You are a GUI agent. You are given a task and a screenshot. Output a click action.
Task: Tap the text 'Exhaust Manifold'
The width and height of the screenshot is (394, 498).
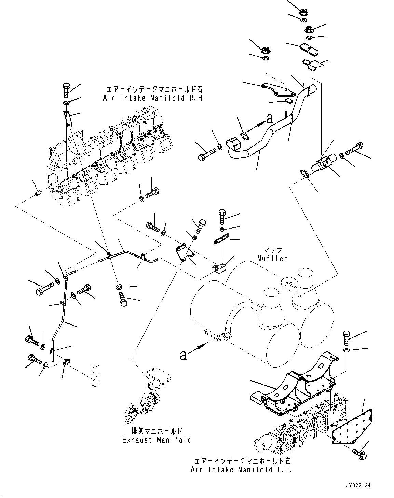[157, 440]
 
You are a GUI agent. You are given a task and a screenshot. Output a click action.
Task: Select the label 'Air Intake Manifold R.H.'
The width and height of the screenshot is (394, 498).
[153, 98]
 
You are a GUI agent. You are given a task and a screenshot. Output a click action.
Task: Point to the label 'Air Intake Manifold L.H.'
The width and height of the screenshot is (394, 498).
[241, 470]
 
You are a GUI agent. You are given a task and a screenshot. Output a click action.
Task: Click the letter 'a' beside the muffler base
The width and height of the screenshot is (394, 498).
[184, 356]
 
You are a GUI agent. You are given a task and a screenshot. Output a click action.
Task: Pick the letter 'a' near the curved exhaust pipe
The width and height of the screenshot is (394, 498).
[270, 119]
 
